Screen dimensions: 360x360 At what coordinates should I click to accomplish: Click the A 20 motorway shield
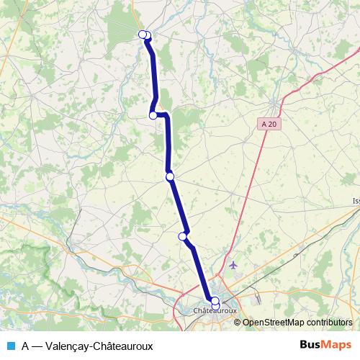pyautogui.click(x=269, y=124)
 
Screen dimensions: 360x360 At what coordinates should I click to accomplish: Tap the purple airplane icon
pyautogui.click(x=233, y=265)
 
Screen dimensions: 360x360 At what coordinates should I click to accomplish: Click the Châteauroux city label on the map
pyautogui.click(x=215, y=310)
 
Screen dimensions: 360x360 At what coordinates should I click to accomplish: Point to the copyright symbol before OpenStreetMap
pyautogui.click(x=238, y=323)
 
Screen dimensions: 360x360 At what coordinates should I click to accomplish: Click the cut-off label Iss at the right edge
pyautogui.click(x=355, y=201)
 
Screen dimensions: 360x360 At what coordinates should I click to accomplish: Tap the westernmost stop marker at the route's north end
pyautogui.click(x=143, y=35)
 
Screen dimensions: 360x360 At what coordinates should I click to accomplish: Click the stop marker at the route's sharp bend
pyautogui.click(x=153, y=115)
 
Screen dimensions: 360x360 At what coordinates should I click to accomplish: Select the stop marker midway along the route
pyautogui.click(x=170, y=176)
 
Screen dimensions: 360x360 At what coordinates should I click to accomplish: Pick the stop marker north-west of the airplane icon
pyautogui.click(x=183, y=235)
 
